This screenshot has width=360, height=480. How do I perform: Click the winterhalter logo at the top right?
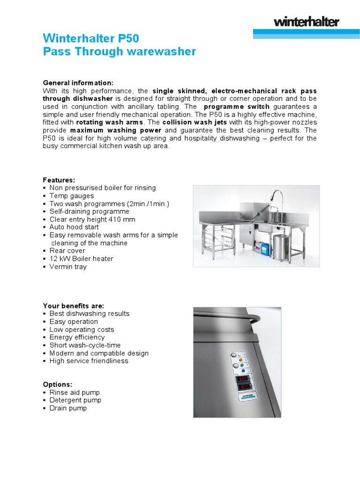pyautogui.click(x=306, y=22)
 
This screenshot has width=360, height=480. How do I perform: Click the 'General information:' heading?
pyautogui.click(x=78, y=82)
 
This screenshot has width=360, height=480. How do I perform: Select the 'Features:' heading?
pyautogui.click(x=59, y=180)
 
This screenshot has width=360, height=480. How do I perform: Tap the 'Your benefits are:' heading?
pyautogui.click(x=74, y=306)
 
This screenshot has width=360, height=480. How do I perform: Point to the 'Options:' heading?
pyautogui.click(x=58, y=384)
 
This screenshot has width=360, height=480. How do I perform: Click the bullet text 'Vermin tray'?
pyautogui.click(x=68, y=267)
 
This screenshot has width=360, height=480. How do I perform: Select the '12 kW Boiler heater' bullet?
pyautogui.click(x=81, y=259)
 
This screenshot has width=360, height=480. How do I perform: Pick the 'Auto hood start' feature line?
pyautogui.click(x=74, y=227)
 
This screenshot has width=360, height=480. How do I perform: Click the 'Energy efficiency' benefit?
pyautogui.click(x=77, y=337)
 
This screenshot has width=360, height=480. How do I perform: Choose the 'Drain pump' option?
pyautogui.click(x=68, y=408)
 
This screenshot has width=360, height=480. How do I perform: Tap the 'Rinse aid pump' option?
pyautogui.click(x=75, y=392)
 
